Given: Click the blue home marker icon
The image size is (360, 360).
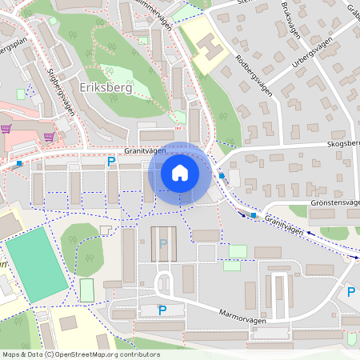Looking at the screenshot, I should click(x=180, y=174).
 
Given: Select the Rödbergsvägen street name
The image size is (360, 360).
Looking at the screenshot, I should click(x=254, y=76).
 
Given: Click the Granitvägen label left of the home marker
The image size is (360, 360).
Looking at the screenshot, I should click(x=144, y=150).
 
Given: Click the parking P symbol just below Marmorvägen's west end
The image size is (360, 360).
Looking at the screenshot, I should click(x=162, y=310).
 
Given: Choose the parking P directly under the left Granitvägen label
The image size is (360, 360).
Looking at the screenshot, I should click(x=111, y=162).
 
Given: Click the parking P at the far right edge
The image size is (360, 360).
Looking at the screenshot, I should click(x=350, y=293).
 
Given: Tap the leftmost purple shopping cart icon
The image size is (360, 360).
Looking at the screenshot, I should click(x=6, y=128).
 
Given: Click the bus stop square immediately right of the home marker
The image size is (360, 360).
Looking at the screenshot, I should click(x=222, y=176).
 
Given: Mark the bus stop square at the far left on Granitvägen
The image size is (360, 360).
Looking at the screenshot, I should click(x=18, y=163).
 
